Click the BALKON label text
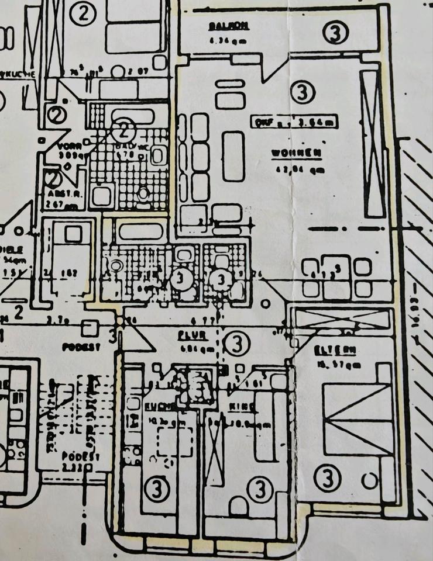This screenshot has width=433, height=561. pos(228,26)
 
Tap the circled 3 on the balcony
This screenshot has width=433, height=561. pos(335,33)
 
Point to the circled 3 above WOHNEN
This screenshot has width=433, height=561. pos(303,92)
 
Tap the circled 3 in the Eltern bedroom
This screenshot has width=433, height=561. pos(327,479)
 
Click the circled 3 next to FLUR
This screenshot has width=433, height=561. pos(237,344)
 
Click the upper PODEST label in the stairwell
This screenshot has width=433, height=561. pos(81,347)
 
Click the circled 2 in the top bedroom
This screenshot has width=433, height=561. pos(83,15)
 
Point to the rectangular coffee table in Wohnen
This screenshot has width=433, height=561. pos(233,155)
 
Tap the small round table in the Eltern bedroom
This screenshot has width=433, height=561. pos(369,481)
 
